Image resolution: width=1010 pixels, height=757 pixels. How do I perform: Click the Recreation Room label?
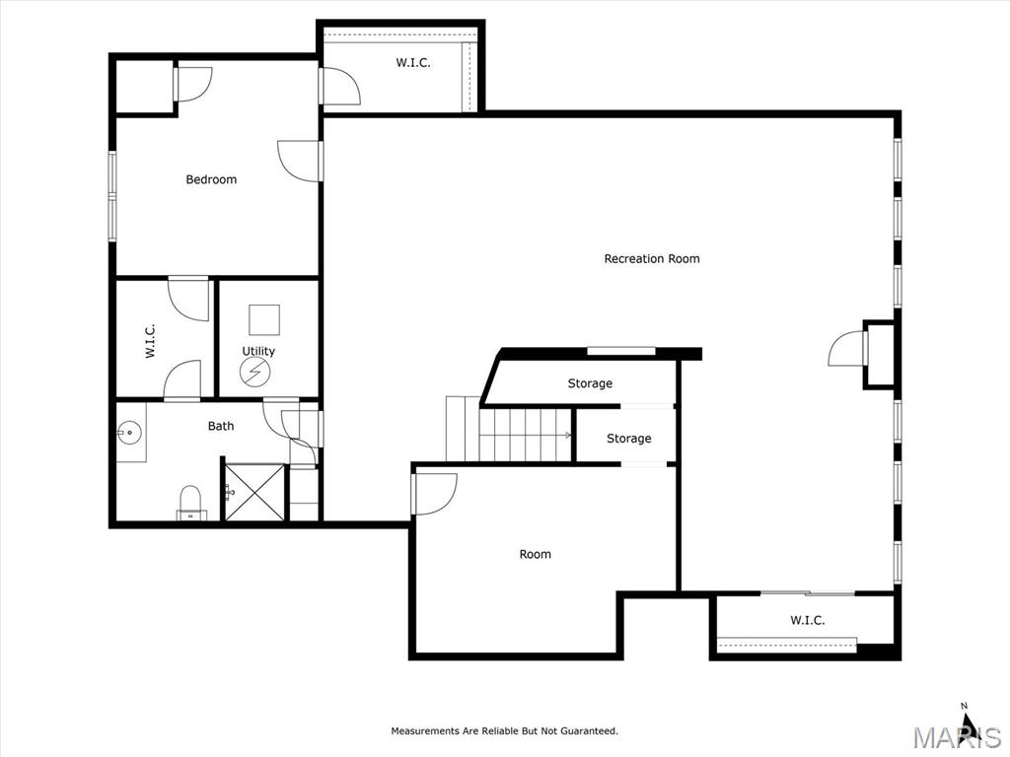[652, 259]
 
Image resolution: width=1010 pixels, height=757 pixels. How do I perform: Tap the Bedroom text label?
[211, 179]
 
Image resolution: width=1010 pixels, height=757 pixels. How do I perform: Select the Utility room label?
[258, 351]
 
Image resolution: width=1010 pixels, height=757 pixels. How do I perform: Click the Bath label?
[221, 426]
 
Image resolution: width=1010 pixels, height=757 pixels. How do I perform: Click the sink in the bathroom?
[129, 433]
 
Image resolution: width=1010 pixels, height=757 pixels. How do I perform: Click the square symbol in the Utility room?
[263, 319]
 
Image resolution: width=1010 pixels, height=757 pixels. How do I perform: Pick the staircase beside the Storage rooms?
[524, 435]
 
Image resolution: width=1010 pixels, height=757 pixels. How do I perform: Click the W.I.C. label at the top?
[413, 63]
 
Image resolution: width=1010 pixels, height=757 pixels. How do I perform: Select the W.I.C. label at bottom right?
[807, 620]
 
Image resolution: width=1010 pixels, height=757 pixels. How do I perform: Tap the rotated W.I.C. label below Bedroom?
[151, 341]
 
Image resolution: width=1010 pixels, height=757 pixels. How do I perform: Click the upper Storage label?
[590, 383]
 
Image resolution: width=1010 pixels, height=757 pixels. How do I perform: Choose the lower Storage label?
[628, 439]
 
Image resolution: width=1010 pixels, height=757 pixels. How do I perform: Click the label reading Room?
[536, 554]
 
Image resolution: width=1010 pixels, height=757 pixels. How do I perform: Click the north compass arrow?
[968, 725]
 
